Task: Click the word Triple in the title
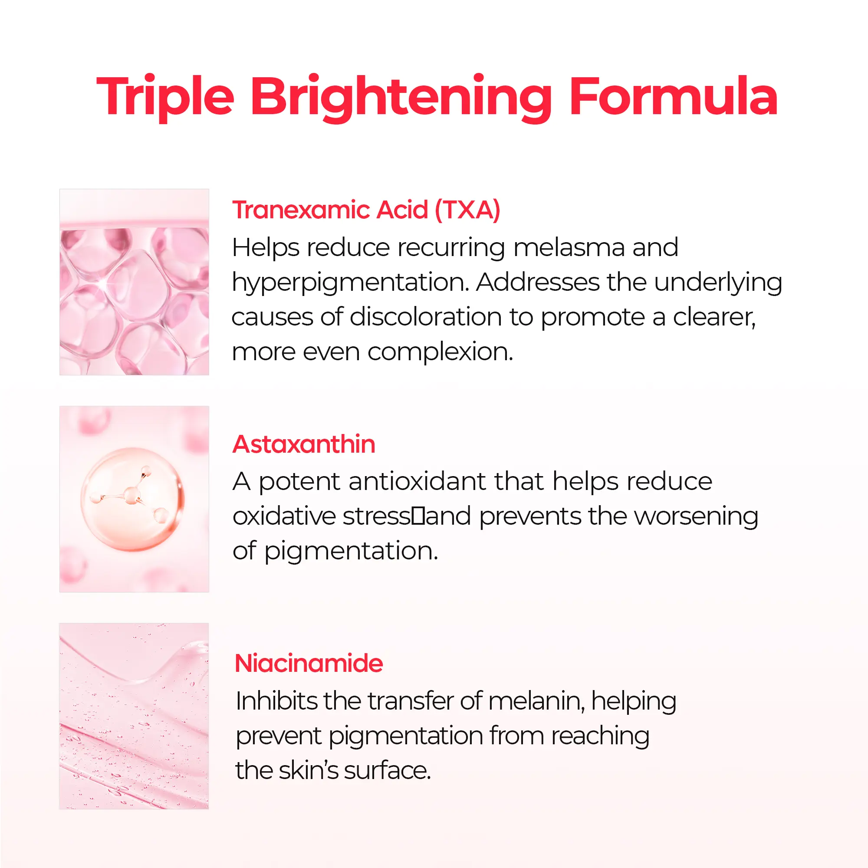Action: click(165, 97)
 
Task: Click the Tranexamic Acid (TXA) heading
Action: click(366, 210)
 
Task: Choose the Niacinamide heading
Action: click(309, 663)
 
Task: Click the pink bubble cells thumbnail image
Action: click(135, 282)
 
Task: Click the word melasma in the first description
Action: click(569, 247)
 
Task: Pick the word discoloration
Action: click(425, 317)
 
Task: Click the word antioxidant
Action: click(418, 481)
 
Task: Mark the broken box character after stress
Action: click(417, 516)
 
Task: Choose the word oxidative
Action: click(284, 516)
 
